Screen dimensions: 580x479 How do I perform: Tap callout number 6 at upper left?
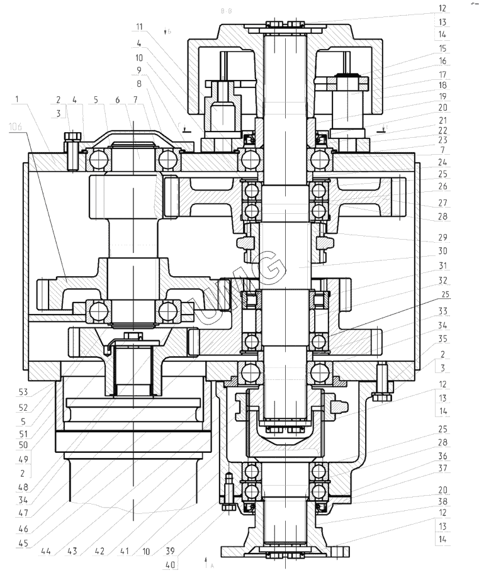(117, 99)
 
